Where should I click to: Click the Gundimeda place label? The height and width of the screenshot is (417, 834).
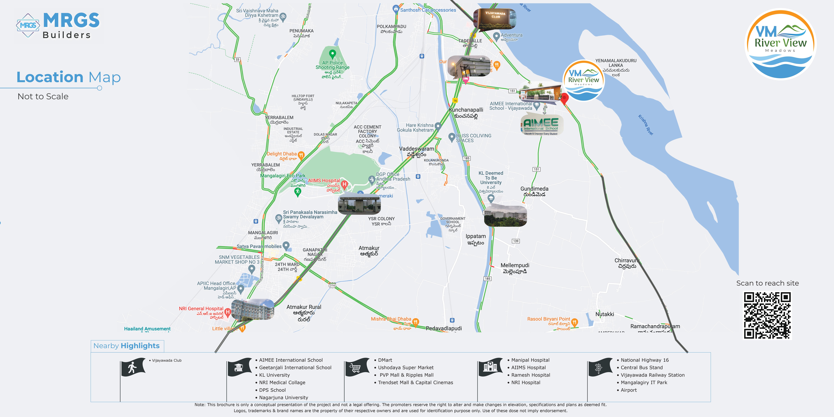[534, 189]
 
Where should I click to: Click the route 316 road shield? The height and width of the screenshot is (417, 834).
[332, 285]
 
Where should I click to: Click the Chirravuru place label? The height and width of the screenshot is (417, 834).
[626, 261]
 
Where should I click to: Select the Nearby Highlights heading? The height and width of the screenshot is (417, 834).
[127, 346]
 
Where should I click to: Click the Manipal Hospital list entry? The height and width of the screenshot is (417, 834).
[530, 360]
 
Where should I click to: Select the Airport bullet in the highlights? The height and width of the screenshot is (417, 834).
[628, 390]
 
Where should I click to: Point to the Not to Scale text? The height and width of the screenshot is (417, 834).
[43, 96]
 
